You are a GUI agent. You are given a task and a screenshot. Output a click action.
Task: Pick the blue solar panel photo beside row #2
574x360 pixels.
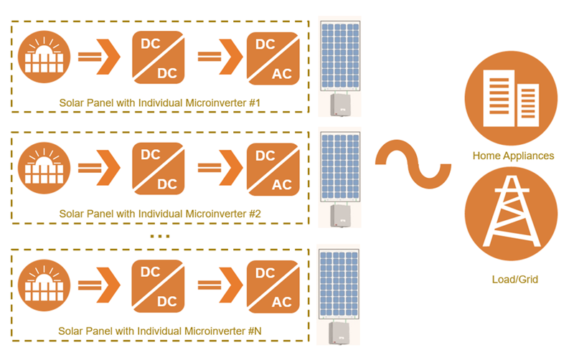coord(339,164)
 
